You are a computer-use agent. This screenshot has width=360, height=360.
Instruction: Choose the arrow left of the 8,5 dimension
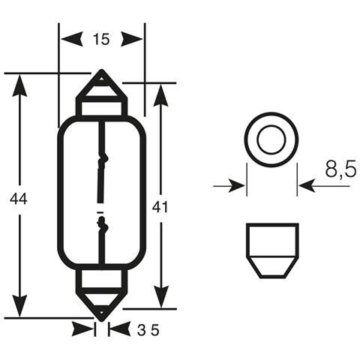[235, 184]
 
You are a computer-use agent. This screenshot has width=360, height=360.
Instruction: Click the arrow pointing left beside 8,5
[309, 184]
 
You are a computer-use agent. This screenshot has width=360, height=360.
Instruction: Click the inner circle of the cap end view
[271, 139]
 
